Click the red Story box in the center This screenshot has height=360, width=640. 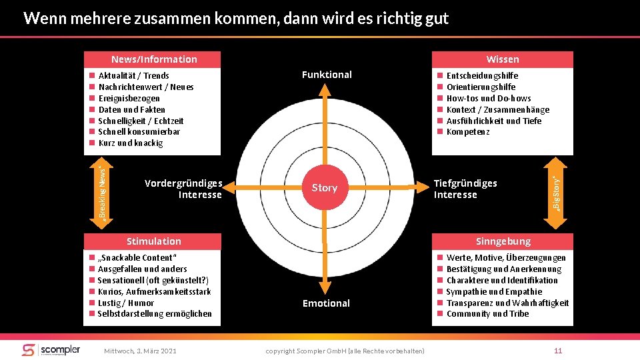coord(325,188)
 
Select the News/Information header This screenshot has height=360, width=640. coord(154,59)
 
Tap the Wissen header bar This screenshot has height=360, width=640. coord(503,59)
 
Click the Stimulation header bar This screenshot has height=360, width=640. coord(154,241)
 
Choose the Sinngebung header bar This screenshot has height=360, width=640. coord(503,241)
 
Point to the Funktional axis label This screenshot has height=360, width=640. coord(327,75)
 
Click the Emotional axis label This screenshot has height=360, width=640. coord(326,303)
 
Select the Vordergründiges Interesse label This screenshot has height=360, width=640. coord(183,189)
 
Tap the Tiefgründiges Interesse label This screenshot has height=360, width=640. coord(465,189)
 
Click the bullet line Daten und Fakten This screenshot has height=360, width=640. coord(131,109)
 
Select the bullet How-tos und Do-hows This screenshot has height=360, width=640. coord(488,98)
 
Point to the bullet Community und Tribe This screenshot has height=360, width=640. coord(487,314)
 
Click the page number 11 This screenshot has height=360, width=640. coord(559,351)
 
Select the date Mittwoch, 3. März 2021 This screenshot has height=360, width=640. coord(141,351)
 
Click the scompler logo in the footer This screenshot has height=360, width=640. coord(51,350)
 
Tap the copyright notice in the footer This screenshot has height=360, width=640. coord(345,351)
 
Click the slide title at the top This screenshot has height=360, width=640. coord(236,18)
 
